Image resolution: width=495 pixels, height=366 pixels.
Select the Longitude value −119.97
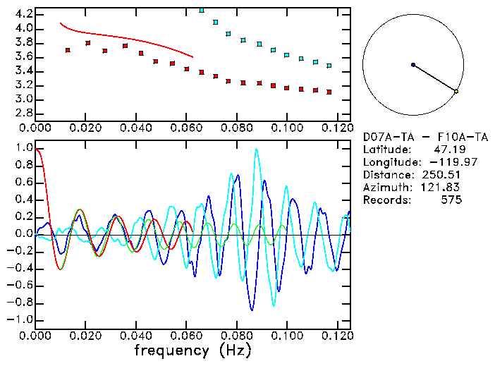pyautogui.click(x=447, y=161)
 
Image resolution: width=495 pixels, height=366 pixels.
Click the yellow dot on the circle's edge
pyautogui.click(x=456, y=92)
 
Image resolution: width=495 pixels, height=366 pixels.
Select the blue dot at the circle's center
pyautogui.click(x=413, y=65)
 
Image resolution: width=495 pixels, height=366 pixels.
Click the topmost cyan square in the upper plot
pyautogui.click(x=202, y=11)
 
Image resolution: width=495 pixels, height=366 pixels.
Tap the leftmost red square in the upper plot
pyautogui.click(x=68, y=50)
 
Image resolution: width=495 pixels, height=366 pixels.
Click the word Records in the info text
pyautogui.click(x=384, y=200)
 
